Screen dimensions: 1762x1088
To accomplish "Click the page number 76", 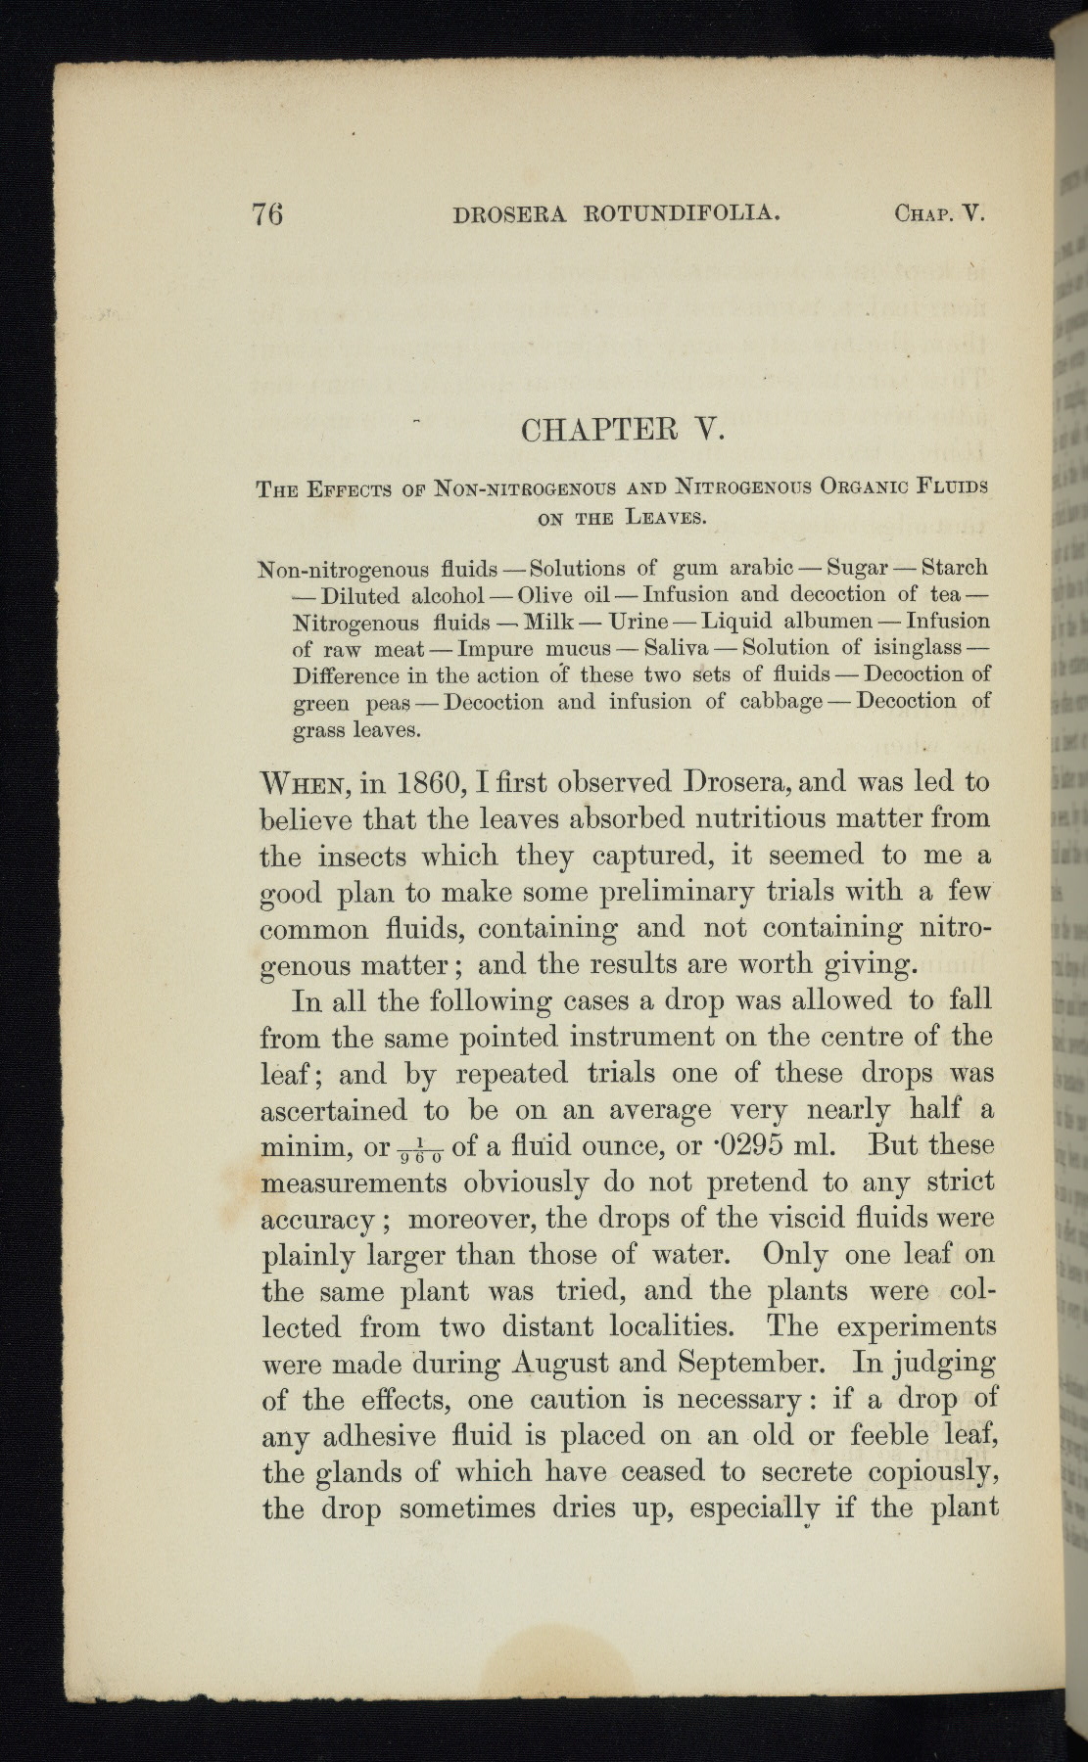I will pos(267,213).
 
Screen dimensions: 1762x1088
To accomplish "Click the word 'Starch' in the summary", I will pos(955,568).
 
